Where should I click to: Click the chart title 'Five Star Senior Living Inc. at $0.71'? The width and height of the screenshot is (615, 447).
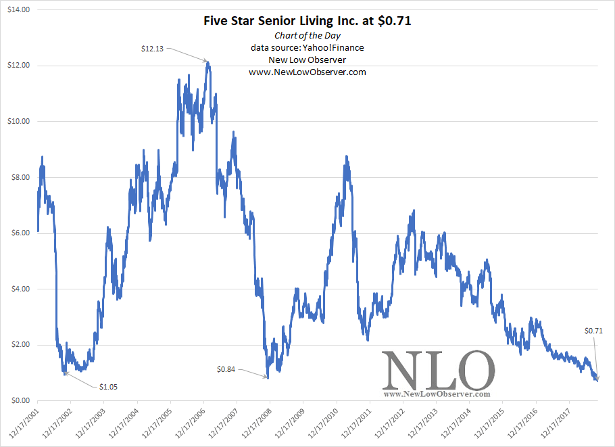[307, 21]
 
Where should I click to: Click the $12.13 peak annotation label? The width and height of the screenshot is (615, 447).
[152, 49]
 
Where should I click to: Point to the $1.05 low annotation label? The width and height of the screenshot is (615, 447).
[109, 387]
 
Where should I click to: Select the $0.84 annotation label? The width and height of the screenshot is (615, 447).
[227, 369]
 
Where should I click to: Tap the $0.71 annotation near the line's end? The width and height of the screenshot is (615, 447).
[593, 331]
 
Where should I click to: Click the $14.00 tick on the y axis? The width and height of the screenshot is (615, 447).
[20, 10]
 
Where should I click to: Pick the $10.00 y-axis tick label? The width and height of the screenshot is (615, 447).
[20, 122]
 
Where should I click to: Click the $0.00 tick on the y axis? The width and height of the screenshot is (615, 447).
[22, 401]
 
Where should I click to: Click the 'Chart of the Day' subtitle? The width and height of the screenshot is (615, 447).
[307, 36]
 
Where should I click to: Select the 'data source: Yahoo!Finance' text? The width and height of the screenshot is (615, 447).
[307, 48]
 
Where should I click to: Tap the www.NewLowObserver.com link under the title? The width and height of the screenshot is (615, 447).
[307, 72]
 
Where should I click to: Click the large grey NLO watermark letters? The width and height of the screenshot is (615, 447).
[437, 371]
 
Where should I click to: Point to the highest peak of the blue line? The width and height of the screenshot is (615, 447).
[208, 62]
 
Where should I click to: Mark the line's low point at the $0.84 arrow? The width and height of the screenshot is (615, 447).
[268, 377]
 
